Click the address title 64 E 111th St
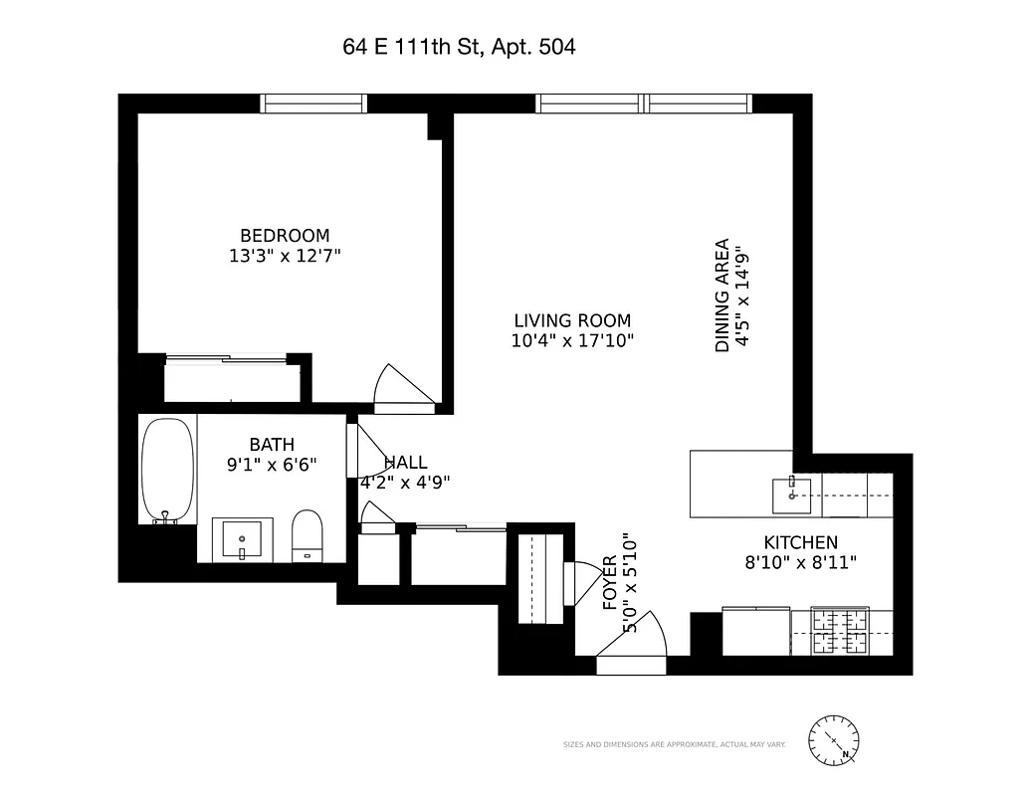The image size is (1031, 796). point(458,47)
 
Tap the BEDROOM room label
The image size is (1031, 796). point(285,236)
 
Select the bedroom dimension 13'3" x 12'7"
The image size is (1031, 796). point(285,256)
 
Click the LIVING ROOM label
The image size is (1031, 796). point(572,320)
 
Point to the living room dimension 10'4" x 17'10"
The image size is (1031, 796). point(572,340)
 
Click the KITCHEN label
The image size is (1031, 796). point(800,542)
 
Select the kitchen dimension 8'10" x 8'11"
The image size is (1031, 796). point(800,562)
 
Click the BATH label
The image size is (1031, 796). point(272,445)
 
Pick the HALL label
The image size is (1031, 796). point(406,463)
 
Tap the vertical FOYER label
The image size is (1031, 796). point(611,582)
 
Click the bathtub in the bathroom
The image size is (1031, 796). point(166,470)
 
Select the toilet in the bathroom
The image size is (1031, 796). point(308,537)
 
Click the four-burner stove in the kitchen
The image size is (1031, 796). point(840,632)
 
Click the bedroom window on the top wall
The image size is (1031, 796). point(313,103)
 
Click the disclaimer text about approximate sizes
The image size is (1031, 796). point(675,744)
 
